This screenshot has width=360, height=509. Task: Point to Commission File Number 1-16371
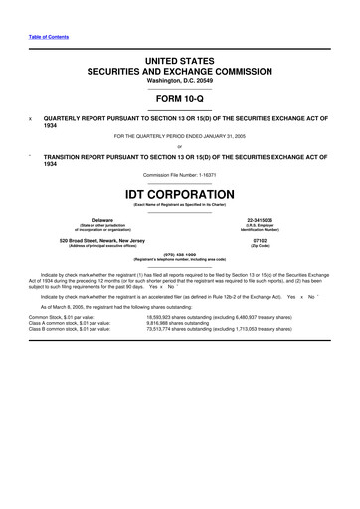(180, 174)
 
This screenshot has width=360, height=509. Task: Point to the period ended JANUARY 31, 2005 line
(180, 135)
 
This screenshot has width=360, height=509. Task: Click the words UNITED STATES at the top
(180, 62)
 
